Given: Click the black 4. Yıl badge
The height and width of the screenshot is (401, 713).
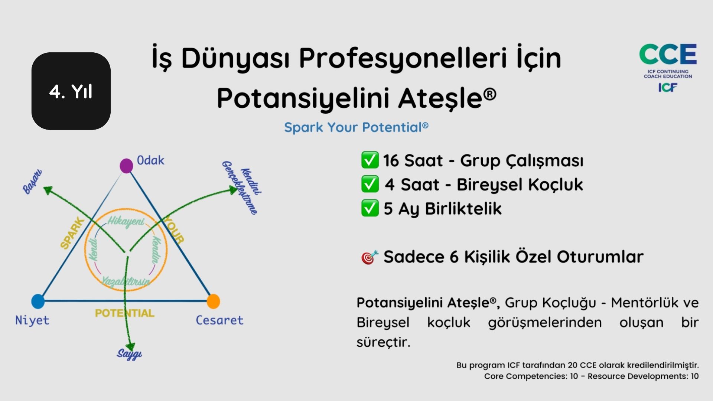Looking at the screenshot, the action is click(x=71, y=91).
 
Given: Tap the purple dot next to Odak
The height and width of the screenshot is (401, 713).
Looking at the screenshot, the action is click(x=126, y=166).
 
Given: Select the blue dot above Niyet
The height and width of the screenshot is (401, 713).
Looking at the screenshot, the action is click(x=38, y=301).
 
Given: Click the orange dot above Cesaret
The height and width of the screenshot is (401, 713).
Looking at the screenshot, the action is click(x=213, y=301).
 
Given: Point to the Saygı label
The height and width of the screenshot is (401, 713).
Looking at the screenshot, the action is click(x=129, y=354).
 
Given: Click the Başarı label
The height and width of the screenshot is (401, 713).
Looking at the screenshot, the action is click(x=32, y=182).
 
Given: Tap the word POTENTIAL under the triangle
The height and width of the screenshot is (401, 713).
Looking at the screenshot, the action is click(x=125, y=313).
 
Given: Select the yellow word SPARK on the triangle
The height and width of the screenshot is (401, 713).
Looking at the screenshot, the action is click(x=72, y=234).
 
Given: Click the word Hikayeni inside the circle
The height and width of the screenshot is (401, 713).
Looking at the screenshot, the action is click(x=126, y=222).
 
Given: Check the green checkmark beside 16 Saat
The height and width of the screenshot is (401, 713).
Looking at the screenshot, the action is click(x=370, y=160).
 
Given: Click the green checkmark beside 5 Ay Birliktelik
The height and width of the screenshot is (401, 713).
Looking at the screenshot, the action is click(x=370, y=208).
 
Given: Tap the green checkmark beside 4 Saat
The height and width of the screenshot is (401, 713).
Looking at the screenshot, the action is click(x=370, y=184).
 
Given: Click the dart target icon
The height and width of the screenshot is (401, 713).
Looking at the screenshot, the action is click(x=369, y=257).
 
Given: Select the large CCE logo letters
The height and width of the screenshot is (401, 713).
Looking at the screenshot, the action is click(x=668, y=54).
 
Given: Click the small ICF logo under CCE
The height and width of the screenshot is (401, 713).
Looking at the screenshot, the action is click(x=668, y=87).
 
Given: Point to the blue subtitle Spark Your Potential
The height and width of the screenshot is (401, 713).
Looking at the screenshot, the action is click(x=356, y=127).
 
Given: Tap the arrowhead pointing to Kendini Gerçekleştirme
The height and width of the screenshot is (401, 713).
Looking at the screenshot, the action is click(x=233, y=190).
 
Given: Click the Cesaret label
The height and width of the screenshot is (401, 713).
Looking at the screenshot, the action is click(x=219, y=320).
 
